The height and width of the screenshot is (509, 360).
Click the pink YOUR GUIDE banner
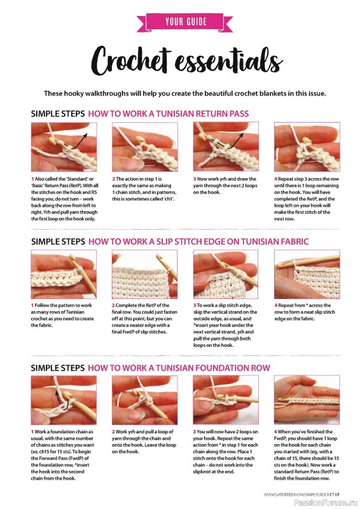(184, 22)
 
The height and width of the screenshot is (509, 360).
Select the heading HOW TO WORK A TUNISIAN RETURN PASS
(169, 114)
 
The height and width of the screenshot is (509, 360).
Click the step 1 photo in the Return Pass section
(64, 147)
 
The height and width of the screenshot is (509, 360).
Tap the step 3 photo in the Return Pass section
(226, 147)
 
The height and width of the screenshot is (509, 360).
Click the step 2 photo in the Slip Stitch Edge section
(145, 274)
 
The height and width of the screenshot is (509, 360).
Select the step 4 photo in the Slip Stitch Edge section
(307, 274)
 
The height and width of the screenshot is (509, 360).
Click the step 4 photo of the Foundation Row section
(307, 400)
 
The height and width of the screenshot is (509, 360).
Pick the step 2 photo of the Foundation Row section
(145, 400)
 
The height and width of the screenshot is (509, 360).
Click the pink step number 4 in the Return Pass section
(276, 179)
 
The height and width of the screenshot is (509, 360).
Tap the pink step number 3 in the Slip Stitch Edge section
(195, 305)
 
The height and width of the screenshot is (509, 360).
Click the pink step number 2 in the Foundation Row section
(114, 432)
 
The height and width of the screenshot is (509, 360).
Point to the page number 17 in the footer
(337, 494)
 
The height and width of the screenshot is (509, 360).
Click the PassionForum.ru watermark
(326, 503)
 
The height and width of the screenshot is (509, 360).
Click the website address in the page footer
(299, 494)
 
